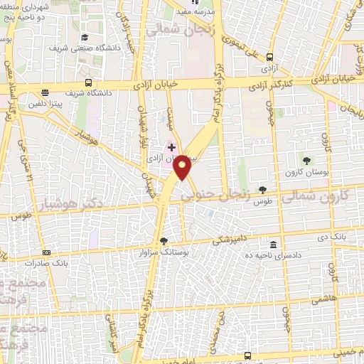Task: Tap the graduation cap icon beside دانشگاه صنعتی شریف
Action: point(85,38)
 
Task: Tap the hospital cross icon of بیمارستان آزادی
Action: point(171,147)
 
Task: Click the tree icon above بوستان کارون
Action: point(307,160)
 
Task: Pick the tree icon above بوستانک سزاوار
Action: point(165,241)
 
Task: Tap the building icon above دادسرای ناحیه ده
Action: point(274,244)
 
